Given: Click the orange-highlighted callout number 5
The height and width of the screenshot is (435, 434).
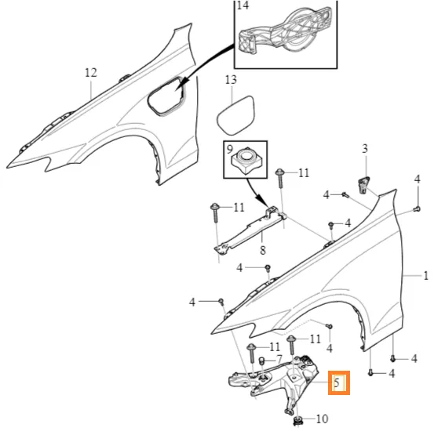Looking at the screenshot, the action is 337,382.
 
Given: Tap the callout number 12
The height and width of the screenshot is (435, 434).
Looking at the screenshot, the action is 91,73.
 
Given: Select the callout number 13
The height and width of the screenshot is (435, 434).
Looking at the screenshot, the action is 231,80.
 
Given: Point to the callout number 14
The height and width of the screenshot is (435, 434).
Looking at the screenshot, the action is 243,5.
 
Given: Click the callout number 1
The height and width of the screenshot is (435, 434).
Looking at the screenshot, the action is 425,276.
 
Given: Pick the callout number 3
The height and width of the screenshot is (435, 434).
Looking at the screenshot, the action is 365,148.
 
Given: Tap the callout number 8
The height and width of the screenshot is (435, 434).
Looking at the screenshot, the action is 263,250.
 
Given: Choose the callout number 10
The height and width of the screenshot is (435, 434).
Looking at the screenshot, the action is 322,419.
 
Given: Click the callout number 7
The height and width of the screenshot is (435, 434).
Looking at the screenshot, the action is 279,359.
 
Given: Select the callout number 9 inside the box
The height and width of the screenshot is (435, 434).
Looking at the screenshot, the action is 229,149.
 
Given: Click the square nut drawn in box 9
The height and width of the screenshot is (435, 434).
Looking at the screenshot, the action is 246,162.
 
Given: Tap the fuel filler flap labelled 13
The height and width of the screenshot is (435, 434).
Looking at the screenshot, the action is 236,115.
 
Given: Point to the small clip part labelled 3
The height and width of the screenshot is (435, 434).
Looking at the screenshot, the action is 363,184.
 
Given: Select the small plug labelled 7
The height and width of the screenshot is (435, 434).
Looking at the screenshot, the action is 261,361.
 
